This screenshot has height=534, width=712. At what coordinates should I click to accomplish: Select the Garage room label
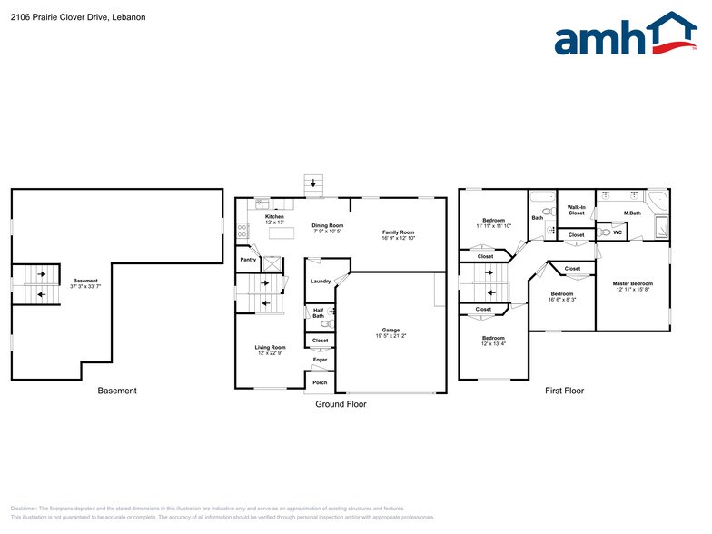391,330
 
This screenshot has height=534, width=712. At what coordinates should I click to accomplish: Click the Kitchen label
274,216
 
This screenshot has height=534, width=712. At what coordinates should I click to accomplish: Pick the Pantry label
248,260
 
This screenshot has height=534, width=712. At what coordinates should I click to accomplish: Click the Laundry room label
321,282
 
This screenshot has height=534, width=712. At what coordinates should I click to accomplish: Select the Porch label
320,382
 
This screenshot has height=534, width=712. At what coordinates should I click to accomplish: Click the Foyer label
321,360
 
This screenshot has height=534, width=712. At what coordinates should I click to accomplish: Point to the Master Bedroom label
633,284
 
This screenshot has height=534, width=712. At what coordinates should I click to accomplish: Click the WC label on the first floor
618,232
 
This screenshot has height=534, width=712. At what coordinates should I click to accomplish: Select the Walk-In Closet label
577,211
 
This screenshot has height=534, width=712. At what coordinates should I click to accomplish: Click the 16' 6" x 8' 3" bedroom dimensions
562,300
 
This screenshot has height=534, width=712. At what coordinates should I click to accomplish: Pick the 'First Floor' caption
564,391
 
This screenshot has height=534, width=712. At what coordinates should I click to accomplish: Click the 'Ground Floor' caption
341,403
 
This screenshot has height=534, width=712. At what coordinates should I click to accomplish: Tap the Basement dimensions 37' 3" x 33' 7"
85,286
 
